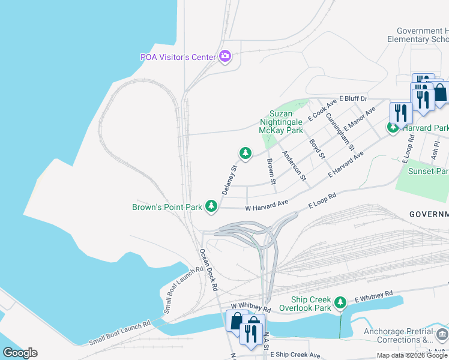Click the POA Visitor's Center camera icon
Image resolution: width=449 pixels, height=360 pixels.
pos(225,57)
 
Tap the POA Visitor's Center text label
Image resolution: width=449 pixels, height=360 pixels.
pos(178,58)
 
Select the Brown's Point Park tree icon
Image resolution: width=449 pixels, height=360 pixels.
pos(211,206)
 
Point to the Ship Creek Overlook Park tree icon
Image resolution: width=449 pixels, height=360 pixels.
pos(340,302)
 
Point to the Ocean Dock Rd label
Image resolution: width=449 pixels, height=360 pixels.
pos(208,270)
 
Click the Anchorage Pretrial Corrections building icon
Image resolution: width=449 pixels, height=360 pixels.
pos(442,334)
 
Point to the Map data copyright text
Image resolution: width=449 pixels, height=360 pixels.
pos(412,355)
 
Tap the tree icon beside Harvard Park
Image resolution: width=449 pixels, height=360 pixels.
pos(393,127)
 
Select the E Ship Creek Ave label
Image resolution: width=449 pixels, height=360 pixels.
pos(295,355)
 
